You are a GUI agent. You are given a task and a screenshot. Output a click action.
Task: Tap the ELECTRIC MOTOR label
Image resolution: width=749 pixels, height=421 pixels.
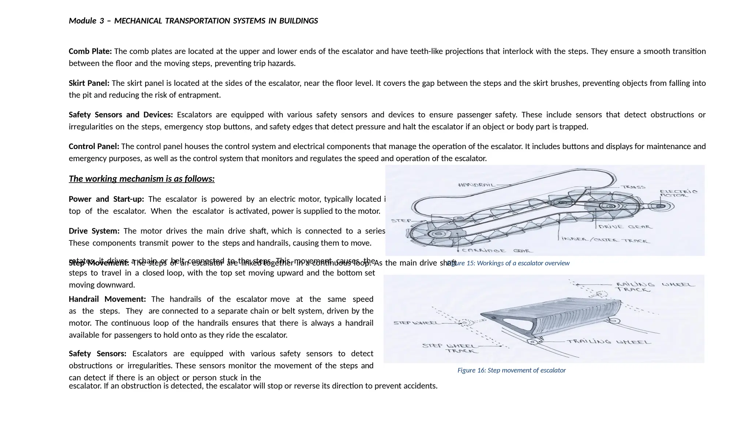[x=678, y=193]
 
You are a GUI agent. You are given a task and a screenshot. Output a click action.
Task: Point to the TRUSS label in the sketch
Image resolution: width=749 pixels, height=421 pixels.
[x=633, y=187]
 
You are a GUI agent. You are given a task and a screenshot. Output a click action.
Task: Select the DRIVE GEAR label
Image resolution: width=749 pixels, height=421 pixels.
[x=625, y=227]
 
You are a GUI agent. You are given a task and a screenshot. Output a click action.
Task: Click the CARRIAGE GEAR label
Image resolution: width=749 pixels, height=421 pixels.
[x=497, y=251]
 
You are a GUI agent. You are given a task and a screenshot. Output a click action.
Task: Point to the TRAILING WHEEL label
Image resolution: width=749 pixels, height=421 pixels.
[x=609, y=342]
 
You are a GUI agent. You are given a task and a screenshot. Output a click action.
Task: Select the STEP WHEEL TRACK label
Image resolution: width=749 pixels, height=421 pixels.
[x=449, y=348]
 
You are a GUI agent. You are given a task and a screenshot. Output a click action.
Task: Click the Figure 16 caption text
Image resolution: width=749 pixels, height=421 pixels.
[x=511, y=370]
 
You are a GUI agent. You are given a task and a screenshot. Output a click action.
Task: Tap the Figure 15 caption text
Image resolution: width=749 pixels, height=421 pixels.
[x=508, y=263]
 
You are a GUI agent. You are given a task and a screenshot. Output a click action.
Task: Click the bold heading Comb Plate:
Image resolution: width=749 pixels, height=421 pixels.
[x=90, y=51]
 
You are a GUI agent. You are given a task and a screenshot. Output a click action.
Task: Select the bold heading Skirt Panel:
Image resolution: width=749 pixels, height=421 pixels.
[x=89, y=83]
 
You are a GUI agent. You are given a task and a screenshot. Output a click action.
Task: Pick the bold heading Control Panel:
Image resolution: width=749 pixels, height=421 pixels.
[x=94, y=146]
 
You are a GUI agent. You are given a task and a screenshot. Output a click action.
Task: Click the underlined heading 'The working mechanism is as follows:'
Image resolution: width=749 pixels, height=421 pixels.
[x=142, y=179]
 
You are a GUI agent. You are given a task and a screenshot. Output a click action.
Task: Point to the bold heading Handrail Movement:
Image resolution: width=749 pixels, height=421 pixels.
[x=107, y=299]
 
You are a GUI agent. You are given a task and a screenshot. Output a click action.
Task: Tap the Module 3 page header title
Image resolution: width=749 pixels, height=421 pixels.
[x=193, y=21]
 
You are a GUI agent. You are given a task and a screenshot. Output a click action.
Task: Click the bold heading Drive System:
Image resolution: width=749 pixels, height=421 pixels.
[x=94, y=231]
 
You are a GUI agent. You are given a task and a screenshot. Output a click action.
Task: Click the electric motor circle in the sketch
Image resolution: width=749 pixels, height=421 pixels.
[x=660, y=206]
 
